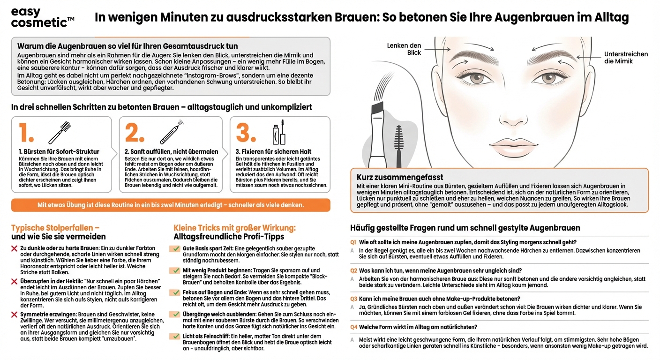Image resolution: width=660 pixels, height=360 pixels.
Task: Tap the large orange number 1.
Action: (x=26, y=133)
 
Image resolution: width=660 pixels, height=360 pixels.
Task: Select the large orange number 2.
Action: (x=135, y=133)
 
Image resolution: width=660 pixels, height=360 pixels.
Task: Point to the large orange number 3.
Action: (x=245, y=133)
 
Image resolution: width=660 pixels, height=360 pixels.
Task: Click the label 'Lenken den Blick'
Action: (x=404, y=49)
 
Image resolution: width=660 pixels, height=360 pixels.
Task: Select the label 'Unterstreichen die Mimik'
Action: (x=626, y=58)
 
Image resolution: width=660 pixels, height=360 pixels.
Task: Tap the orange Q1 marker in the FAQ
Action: (x=353, y=242)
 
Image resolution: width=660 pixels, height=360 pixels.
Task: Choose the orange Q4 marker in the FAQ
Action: (x=353, y=327)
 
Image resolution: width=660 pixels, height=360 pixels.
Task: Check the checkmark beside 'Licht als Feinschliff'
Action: (x=175, y=336)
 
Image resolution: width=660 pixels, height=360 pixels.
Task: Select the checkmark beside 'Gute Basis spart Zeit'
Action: (x=175, y=248)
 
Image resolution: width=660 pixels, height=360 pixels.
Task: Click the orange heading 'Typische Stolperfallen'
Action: (x=55, y=228)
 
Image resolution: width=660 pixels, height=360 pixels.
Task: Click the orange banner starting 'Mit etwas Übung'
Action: (x=171, y=205)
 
